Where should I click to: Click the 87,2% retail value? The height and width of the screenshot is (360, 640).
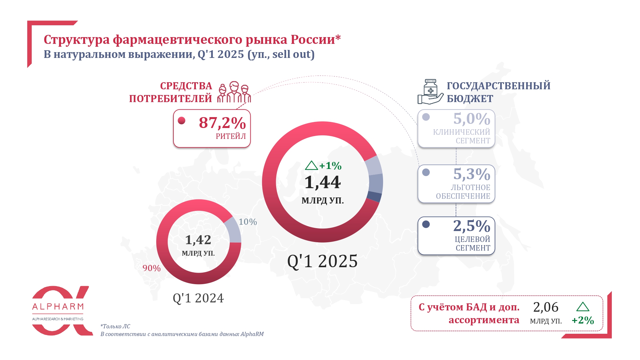point(222,123)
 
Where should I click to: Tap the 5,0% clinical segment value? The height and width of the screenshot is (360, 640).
point(471,119)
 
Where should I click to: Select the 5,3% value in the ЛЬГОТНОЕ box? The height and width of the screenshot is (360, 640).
point(471,174)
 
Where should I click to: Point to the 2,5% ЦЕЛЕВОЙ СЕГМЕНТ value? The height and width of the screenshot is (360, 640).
point(471,226)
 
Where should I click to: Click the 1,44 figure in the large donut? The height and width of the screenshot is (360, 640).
point(322,182)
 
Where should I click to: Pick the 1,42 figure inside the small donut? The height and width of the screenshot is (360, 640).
point(198,240)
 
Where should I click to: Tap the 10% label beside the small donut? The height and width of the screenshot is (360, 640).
point(248,222)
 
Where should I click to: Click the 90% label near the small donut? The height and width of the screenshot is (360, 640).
point(152,268)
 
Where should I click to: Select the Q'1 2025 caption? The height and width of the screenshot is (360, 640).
point(322,261)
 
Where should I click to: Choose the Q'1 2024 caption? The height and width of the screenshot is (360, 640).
point(198,298)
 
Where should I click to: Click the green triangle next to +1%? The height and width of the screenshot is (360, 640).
point(311,165)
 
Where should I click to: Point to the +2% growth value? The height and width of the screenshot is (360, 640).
point(583,320)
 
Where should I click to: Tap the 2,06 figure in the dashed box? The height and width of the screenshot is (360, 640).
point(546,307)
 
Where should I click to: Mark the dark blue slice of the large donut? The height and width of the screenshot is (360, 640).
point(374,196)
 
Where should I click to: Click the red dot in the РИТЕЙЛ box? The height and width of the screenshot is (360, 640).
point(182,121)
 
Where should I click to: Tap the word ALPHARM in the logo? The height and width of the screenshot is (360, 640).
point(58,307)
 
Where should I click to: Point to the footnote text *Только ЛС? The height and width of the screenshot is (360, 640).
point(115,326)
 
